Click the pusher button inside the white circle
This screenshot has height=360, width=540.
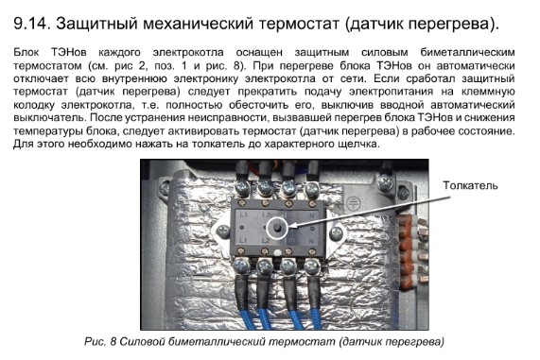277,228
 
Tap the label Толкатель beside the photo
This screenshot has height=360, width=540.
470,185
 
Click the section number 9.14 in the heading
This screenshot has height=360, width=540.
31,24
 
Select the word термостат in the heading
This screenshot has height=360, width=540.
299,24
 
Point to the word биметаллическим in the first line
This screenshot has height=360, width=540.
467,53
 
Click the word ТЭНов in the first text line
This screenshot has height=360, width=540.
68,53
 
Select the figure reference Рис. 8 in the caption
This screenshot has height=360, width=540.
100,341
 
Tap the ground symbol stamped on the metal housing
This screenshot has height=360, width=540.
353,202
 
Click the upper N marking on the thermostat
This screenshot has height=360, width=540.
312,215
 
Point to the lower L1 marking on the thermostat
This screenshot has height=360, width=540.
243,240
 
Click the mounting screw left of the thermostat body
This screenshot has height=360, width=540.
223,232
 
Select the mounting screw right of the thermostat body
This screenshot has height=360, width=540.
336,233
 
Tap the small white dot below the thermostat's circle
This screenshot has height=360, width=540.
277,252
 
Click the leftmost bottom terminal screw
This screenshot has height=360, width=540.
241,266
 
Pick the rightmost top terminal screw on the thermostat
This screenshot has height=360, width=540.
312,189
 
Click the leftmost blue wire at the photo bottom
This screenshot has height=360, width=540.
247,319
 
